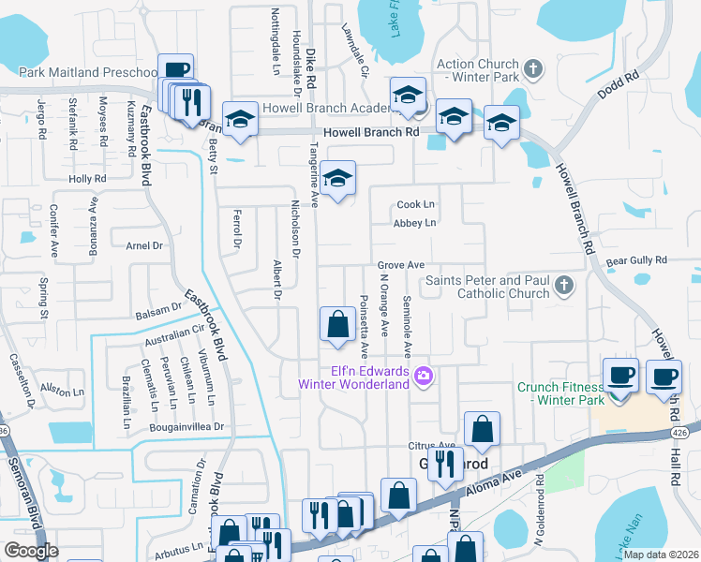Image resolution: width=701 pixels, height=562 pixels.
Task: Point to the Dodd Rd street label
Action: click(619, 85)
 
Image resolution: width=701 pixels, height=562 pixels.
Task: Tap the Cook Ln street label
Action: click(417, 204)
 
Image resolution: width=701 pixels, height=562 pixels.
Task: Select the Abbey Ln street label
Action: click(415, 223)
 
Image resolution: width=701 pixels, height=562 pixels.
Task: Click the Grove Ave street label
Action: click(401, 265)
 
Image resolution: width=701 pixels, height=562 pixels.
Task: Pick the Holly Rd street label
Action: click(87, 178)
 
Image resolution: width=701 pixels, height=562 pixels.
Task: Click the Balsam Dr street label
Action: click(157, 307)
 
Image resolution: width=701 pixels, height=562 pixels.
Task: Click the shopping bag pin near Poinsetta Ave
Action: click(337, 324)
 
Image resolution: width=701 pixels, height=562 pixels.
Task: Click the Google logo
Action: click(31, 551)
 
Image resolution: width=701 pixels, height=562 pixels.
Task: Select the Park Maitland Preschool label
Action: click(87, 72)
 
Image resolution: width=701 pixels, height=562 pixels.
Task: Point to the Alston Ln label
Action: click(56, 386)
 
